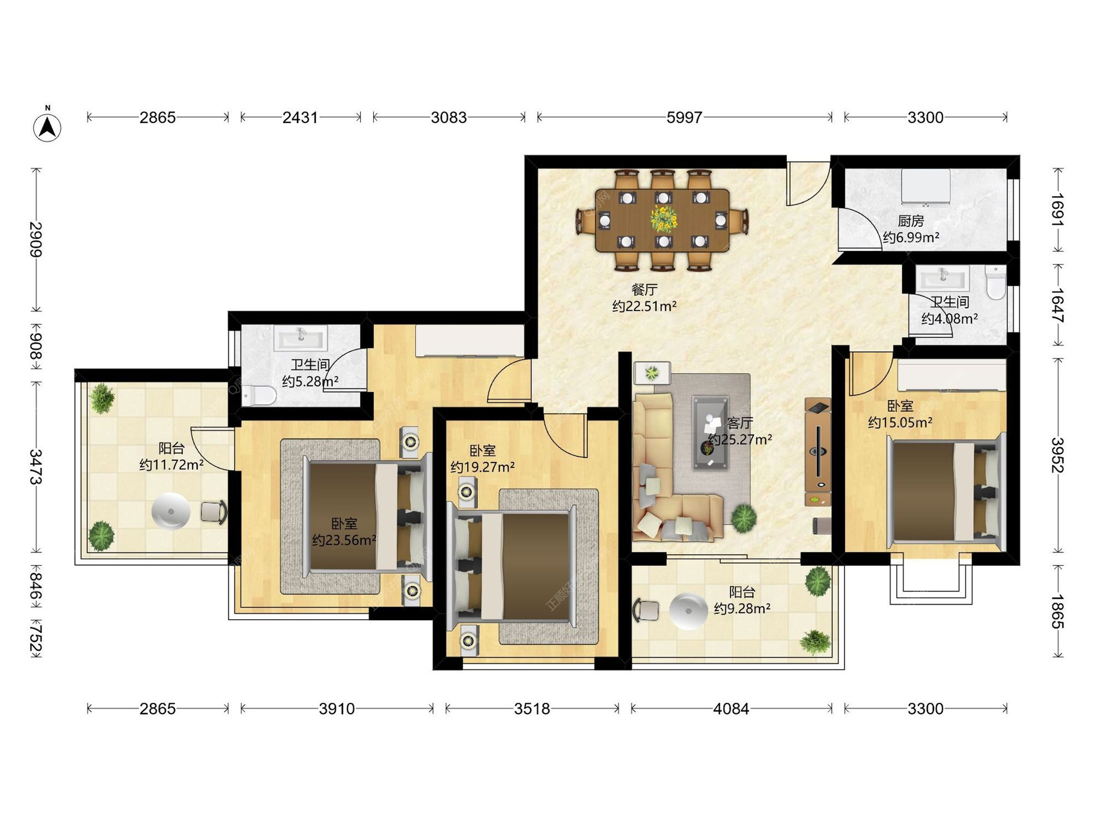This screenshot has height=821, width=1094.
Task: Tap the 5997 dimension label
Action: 684,117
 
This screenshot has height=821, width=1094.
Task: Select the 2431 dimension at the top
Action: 300,117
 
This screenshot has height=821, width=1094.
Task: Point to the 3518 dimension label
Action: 532,709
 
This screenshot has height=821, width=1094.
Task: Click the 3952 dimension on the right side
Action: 1058,455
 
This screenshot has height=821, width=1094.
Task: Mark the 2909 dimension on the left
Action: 36,239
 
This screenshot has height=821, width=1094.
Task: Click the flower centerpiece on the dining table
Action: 663,218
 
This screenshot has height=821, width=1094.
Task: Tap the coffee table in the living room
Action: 711,433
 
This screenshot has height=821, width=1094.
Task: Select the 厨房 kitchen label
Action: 911,221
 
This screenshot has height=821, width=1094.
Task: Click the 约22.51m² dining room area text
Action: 644,306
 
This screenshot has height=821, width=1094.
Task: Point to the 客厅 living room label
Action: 740,423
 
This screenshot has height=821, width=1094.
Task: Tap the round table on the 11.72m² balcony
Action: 171,511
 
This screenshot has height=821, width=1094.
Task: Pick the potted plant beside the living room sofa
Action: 744,518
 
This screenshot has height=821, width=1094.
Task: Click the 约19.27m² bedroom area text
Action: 483,468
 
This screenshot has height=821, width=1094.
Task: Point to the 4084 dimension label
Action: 732,709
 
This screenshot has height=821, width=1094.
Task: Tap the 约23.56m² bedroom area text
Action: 344,540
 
